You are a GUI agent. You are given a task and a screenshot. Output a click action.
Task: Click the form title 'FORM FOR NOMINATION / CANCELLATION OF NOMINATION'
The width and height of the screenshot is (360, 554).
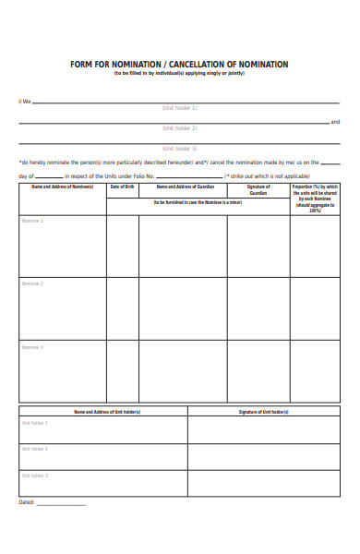tap(179, 65)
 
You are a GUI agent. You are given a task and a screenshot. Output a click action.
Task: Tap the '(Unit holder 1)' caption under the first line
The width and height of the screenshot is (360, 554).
tap(180, 108)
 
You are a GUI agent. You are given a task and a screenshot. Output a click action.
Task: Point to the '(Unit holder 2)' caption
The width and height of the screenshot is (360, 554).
tap(180, 128)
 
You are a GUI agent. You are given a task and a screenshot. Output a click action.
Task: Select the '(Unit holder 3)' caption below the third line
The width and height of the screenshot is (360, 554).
tap(180, 148)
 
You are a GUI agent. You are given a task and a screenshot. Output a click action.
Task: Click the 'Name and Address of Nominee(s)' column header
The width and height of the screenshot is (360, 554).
tap(63, 187)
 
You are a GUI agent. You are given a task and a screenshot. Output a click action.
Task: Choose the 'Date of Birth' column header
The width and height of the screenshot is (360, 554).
tap(123, 187)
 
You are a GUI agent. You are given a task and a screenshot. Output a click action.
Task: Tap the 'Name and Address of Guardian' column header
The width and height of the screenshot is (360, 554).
tap(183, 187)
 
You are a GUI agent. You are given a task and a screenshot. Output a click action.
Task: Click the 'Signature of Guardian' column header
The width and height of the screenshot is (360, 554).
tap(258, 189)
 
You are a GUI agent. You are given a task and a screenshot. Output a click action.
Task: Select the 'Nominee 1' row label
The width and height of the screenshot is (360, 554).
tap(32, 221)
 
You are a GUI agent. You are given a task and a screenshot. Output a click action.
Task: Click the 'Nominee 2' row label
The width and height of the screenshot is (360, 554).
tap(32, 283)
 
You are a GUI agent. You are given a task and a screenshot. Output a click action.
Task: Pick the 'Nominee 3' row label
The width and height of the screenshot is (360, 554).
tap(32, 347)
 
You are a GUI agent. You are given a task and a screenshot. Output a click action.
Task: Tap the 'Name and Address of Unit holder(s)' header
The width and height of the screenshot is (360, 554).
tap(103, 411)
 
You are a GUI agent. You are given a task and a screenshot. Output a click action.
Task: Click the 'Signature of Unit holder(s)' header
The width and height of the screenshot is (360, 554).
tap(264, 411)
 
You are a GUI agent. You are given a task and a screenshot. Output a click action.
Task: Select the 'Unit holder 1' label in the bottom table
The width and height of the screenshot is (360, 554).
tap(35, 423)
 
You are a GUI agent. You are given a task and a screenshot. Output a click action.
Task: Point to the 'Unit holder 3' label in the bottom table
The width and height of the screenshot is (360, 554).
tap(35, 476)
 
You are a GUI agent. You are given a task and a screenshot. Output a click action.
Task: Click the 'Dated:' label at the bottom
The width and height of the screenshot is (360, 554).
tap(27, 502)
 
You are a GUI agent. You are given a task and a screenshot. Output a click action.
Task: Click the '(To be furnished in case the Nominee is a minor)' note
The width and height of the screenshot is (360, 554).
tap(198, 201)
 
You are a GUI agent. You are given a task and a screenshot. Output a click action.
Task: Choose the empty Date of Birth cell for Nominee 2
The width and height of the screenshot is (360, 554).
tap(123, 308)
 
